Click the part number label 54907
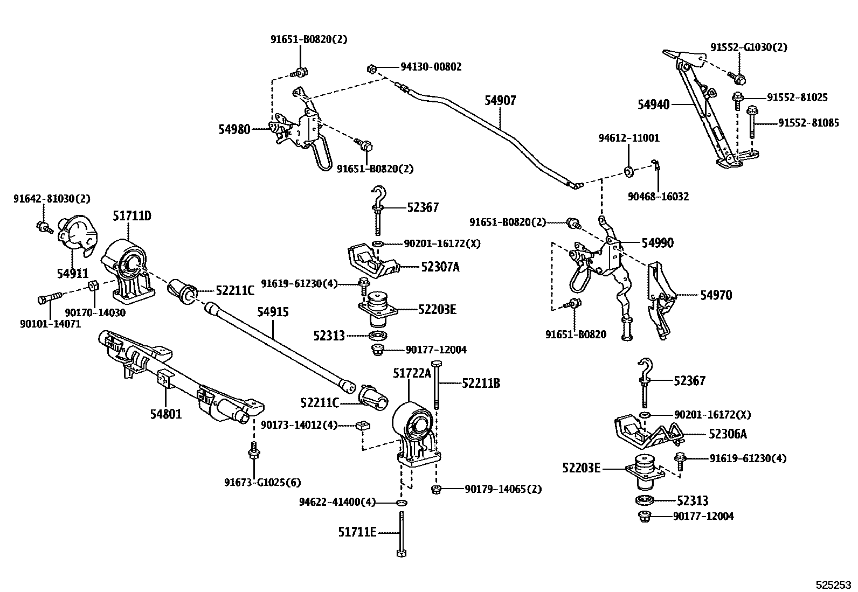click(x=500, y=101)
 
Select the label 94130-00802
click(x=431, y=67)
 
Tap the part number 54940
click(x=653, y=104)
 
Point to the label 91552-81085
click(x=808, y=123)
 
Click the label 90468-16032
click(x=658, y=197)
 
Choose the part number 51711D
click(x=132, y=217)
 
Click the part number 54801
click(x=165, y=414)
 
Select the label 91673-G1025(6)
click(x=262, y=482)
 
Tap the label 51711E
click(x=357, y=532)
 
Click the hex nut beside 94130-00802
click(x=371, y=69)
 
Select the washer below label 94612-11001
click(x=629, y=171)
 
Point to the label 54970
click(x=716, y=295)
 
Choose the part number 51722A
click(x=412, y=373)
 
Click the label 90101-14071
click(x=50, y=324)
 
